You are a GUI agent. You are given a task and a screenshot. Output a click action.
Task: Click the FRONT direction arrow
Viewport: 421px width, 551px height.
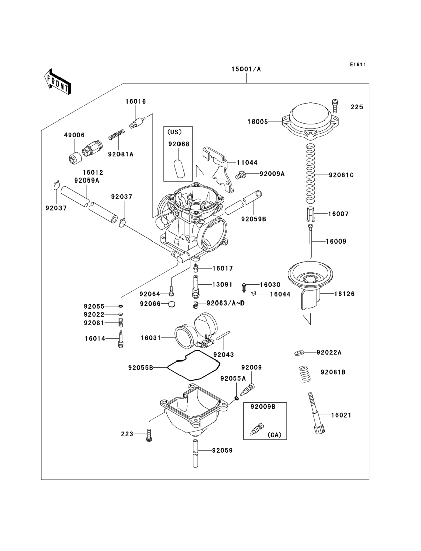tap(57, 82)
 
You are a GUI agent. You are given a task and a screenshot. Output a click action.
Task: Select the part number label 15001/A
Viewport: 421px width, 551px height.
tap(246, 69)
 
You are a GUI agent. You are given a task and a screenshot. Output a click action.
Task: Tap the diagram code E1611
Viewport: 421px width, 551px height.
tap(358, 65)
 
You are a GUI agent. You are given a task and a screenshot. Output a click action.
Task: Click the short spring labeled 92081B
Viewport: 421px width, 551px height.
tap(304, 374)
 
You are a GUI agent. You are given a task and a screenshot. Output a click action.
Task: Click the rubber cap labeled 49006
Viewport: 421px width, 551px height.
tap(75, 158)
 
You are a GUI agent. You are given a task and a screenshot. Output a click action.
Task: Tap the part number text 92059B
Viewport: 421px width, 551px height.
tap(254, 219)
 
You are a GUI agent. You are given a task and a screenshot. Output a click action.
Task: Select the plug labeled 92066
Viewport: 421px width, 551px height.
tap(171, 304)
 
